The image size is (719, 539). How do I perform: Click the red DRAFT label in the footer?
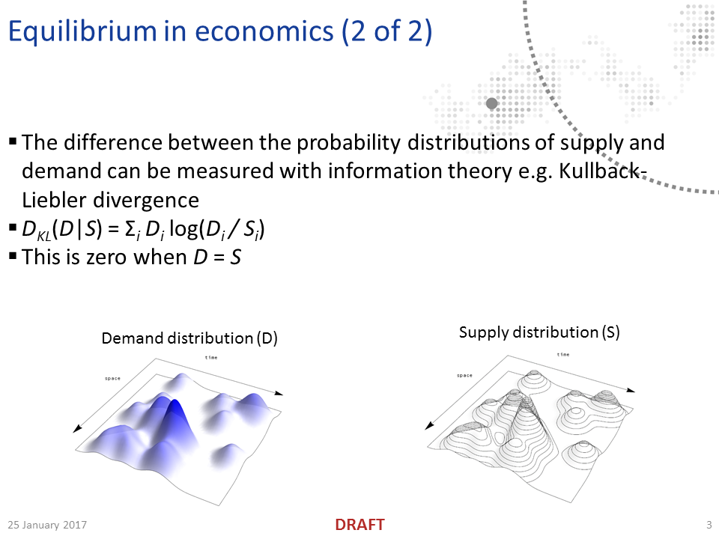[x=359, y=525]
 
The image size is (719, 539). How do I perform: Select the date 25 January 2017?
[x=47, y=525]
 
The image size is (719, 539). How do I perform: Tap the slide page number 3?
[x=709, y=525]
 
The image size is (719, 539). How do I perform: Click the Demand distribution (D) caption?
[x=189, y=338]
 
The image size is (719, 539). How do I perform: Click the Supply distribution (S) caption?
[x=539, y=332]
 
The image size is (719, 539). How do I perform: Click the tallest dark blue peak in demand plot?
[x=175, y=409]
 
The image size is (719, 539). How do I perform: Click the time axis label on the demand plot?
[x=211, y=358]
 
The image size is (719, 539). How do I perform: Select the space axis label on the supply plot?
[x=464, y=375]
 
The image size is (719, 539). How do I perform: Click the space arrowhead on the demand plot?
[x=77, y=428]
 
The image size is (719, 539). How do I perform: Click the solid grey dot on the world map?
[x=492, y=103]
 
